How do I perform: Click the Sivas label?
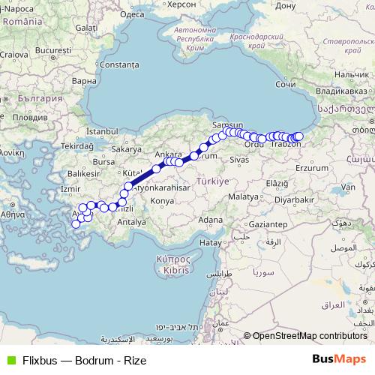pos(239,160)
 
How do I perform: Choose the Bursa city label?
pos(103,161)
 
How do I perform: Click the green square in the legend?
pos(10,360)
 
